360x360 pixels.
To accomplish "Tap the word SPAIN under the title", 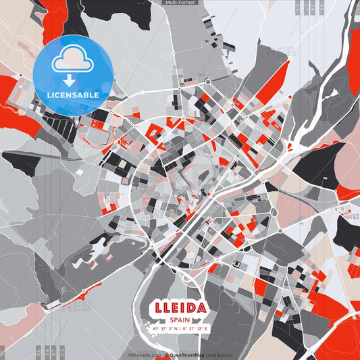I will (x=180, y=320).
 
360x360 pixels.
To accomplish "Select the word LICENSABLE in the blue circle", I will (x=72, y=95).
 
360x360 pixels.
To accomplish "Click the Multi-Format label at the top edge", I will (x=180, y=3).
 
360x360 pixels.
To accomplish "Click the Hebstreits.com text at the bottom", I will (x=145, y=355).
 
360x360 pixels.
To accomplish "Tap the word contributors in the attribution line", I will (x=218, y=355).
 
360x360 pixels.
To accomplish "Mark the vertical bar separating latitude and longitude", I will (x=180, y=329).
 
